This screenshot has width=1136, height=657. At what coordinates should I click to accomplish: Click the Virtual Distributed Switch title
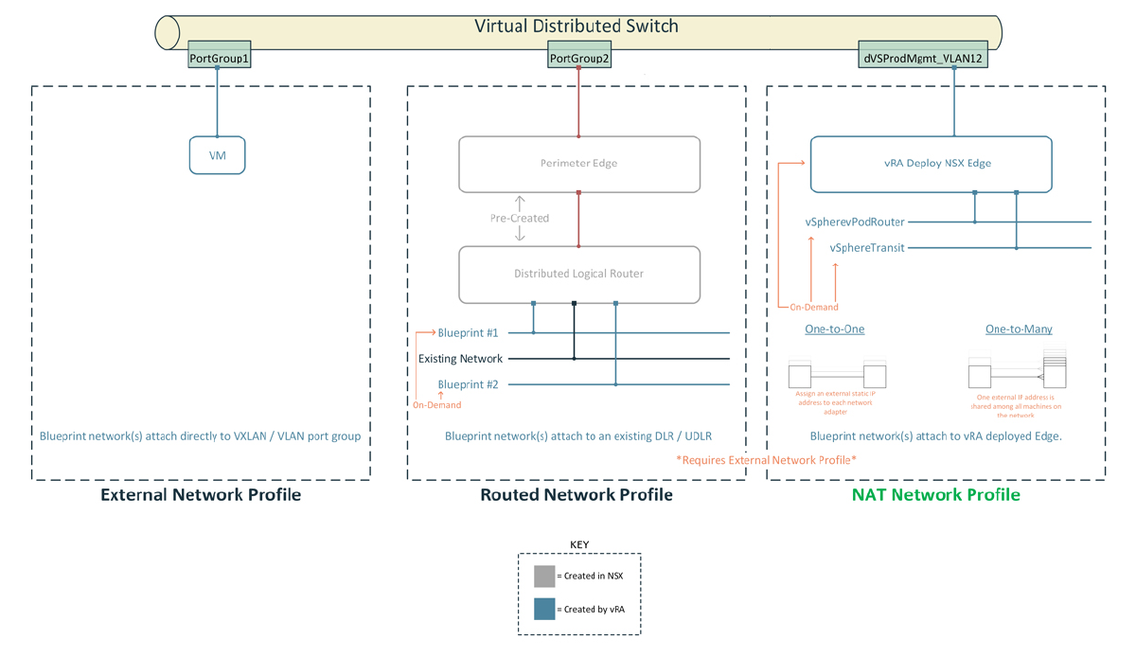click(x=577, y=27)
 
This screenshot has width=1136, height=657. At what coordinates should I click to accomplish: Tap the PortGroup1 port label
click(x=219, y=59)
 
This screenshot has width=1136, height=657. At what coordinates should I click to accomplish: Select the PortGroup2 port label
click(x=579, y=59)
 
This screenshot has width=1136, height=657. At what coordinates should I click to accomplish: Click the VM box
click(x=218, y=155)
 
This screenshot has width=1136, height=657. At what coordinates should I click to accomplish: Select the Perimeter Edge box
click(x=579, y=164)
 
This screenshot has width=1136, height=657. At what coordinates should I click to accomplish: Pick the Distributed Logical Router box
click(x=579, y=275)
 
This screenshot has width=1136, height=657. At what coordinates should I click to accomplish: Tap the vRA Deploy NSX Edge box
click(x=931, y=164)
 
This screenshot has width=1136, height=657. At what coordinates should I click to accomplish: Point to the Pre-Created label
click(x=519, y=219)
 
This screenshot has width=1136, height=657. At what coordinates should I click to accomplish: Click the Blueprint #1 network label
click(x=469, y=333)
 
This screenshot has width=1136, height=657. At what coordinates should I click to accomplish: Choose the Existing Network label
click(x=461, y=359)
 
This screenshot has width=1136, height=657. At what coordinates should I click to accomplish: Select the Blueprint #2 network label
click(x=469, y=384)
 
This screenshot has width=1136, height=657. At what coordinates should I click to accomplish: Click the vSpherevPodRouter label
click(x=855, y=222)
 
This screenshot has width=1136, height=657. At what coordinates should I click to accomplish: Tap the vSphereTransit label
click(x=867, y=248)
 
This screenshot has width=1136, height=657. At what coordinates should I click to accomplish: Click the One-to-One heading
click(x=834, y=329)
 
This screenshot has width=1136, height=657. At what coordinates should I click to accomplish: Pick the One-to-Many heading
click(x=1019, y=329)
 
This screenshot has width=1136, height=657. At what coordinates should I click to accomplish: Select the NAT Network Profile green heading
click(x=935, y=495)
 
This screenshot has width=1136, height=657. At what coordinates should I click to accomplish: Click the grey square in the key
click(x=544, y=576)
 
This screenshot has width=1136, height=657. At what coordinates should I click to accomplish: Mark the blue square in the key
click(x=544, y=609)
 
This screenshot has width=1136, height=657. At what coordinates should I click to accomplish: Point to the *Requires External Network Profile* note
click(x=766, y=460)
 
